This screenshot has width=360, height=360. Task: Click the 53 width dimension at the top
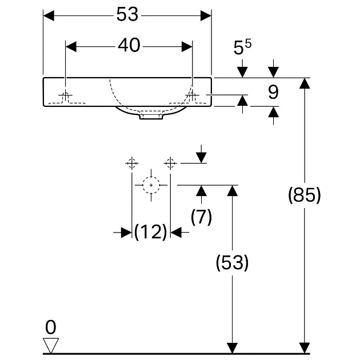(x=127, y=15)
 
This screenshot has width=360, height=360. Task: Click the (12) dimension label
(x=151, y=232)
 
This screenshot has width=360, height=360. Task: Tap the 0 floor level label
(x=51, y=327)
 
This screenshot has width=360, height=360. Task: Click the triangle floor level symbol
(x=51, y=345)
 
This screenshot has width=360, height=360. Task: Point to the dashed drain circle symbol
(x=151, y=185)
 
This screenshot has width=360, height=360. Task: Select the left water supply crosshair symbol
(x=132, y=163)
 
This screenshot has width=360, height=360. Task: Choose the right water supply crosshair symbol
(x=170, y=163)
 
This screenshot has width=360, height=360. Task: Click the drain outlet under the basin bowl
(x=151, y=117)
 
